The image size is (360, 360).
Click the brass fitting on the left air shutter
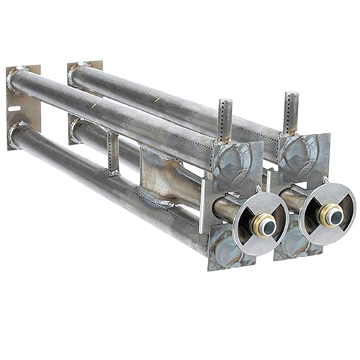pos(267,225)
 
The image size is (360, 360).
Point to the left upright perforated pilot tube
pos(225,120)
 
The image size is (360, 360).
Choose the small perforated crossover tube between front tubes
pos(112,152)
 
